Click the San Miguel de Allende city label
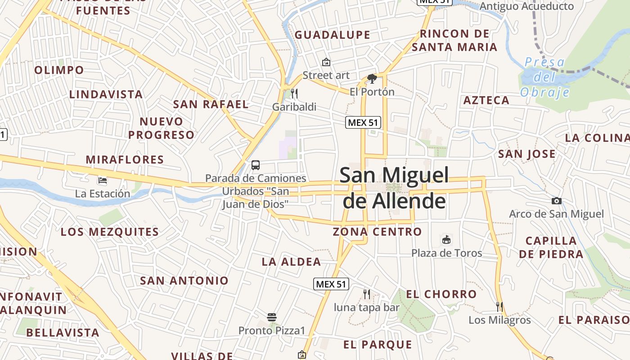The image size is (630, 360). point(394,188)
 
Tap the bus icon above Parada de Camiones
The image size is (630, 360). point(256,165)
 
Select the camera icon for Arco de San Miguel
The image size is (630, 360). point(557,201)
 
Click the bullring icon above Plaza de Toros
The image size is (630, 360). point(446,239)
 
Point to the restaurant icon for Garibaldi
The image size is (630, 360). point(294,94)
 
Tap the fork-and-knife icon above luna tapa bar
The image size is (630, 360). point(367,294)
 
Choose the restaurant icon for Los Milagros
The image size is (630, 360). point(499,307)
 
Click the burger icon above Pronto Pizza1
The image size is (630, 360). point(272,317)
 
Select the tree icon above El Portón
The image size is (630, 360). point(372,79)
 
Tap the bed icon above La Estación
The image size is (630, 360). point(103,180)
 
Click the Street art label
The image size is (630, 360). point(326,75)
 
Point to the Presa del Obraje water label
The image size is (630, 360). point(545,77)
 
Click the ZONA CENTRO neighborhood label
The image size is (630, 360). point(377,232)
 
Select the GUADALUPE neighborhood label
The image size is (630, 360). point(333,35)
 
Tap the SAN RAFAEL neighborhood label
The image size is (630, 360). point(211,104)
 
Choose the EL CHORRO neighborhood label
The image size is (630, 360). point(441,294)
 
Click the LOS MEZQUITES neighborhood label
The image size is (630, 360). point(110,232)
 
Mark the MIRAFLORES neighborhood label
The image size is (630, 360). point(125,160)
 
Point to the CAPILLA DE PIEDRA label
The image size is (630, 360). point(551,247)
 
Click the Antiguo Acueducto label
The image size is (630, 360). point(526,6)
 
